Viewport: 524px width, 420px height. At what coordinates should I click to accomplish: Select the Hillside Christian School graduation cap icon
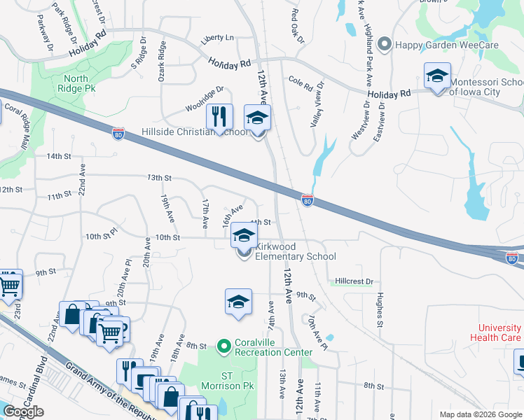(x=257, y=118)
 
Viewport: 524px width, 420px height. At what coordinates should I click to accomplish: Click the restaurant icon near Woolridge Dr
(x=219, y=116)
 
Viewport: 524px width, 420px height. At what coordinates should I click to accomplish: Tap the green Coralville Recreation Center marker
(x=224, y=346)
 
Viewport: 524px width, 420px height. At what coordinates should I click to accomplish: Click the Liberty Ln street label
(x=217, y=38)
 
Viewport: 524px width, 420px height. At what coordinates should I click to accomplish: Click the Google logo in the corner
(x=23, y=412)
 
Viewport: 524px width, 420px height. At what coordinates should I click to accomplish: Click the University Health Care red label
(x=499, y=332)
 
